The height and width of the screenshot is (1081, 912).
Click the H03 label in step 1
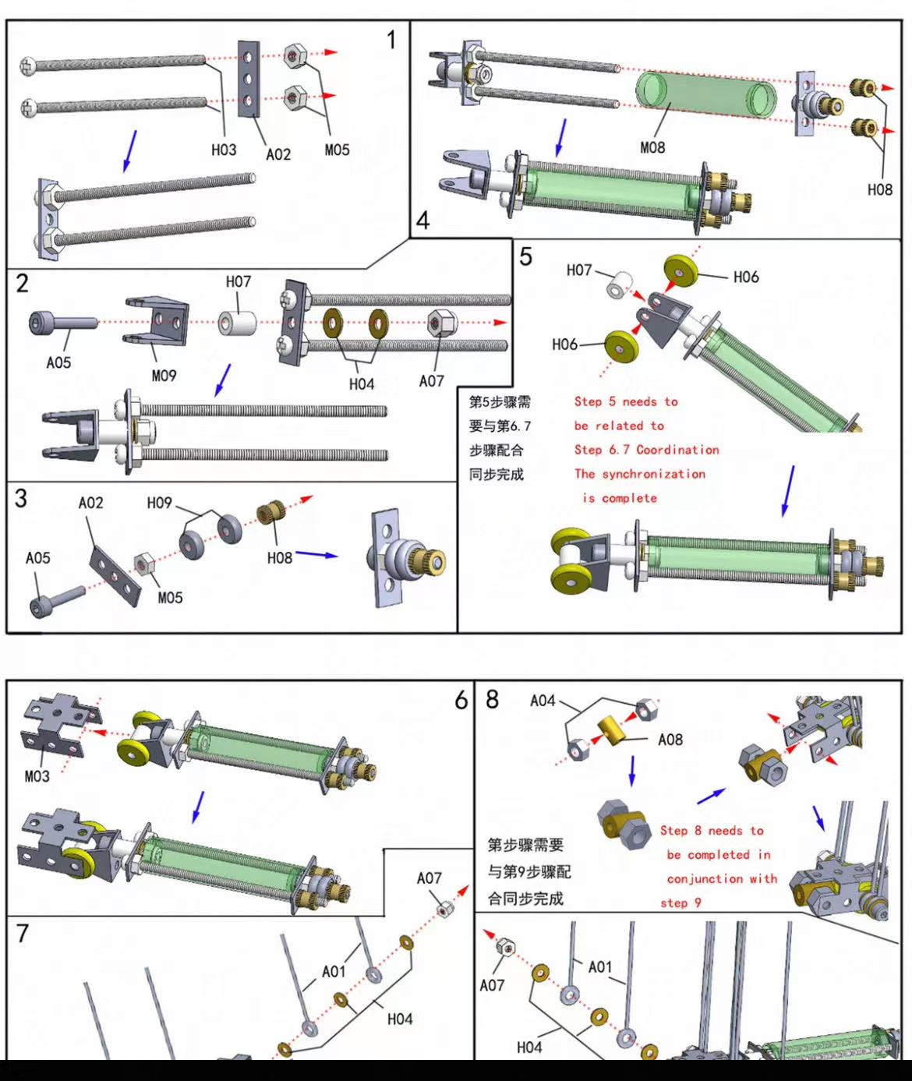224,150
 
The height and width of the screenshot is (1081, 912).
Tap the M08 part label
652,147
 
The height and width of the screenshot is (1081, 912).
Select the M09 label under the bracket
164,376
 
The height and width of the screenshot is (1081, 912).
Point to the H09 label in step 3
159,503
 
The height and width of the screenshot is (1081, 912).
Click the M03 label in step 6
37,776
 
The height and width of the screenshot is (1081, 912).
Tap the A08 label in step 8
670,740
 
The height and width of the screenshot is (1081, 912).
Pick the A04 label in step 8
543,701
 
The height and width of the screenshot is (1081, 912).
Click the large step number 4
422,221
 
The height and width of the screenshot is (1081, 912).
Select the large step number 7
23,934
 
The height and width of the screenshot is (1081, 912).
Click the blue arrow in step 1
130,150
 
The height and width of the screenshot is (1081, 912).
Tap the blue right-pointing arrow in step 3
316,554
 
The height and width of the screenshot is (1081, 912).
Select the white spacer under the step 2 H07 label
237,323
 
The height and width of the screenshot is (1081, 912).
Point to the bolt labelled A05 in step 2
62,322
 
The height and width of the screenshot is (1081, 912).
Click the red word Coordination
677,450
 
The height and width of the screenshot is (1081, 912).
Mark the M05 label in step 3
171,598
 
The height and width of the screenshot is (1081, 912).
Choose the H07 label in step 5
579,270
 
